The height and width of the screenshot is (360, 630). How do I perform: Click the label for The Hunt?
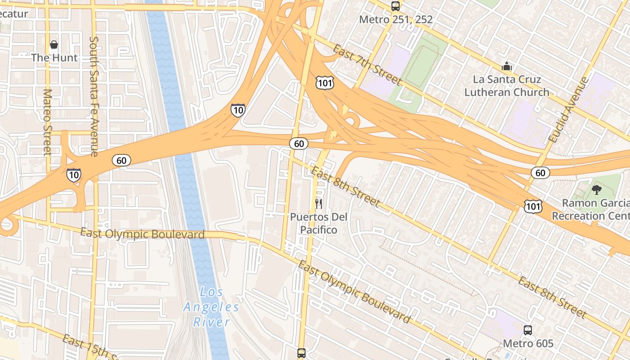pyautogui.click(x=54, y=58)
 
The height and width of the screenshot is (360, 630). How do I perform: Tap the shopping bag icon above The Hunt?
pyautogui.click(x=54, y=45)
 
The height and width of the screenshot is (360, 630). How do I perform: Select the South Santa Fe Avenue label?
pyautogui.click(x=94, y=96)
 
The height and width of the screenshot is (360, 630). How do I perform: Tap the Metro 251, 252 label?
pyautogui.click(x=396, y=20)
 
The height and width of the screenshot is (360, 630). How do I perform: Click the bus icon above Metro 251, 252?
pyautogui.click(x=396, y=6)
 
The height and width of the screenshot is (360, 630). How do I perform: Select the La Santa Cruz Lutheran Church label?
pyautogui.click(x=507, y=85)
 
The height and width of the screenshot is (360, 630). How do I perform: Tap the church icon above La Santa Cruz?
pyautogui.click(x=507, y=67)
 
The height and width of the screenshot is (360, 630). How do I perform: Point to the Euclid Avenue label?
pyautogui.click(x=569, y=110)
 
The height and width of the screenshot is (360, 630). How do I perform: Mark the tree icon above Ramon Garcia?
pyautogui.click(x=597, y=190)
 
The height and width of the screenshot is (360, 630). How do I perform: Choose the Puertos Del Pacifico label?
pyautogui.click(x=319, y=223)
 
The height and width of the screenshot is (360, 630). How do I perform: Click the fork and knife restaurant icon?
pyautogui.click(x=319, y=204)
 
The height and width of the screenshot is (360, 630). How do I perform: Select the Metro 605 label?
pyautogui.click(x=528, y=344)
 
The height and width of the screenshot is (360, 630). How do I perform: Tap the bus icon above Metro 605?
pyautogui.click(x=528, y=330)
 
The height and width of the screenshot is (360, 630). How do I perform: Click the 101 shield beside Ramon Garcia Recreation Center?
pyautogui.click(x=533, y=207)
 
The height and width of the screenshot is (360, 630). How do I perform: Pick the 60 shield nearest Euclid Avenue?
pyautogui.click(x=540, y=172)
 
